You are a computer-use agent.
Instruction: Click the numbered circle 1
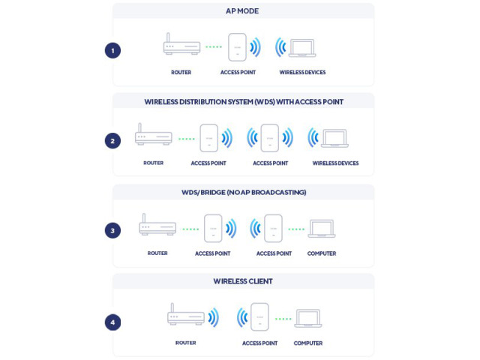point(112,50)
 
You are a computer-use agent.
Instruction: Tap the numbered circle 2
point(112,141)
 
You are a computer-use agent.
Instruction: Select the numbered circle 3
point(112,230)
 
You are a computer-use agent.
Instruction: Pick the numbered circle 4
point(112,322)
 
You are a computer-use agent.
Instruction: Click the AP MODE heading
point(242,11)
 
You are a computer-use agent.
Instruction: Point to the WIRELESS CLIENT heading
point(243,281)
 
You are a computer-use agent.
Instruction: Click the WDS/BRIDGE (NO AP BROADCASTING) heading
point(244,193)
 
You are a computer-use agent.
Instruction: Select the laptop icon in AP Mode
point(302,48)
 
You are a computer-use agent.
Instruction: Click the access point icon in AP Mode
point(237,47)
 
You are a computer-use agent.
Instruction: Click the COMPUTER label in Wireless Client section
point(308,343)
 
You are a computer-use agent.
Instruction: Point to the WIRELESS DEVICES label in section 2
point(335,163)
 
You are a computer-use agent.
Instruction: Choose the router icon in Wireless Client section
point(186,314)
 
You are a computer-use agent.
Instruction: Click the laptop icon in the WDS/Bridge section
point(322,228)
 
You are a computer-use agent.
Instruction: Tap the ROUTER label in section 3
point(157,253)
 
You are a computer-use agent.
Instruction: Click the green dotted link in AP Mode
point(214,46)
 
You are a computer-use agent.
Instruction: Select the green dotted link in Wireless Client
point(283,319)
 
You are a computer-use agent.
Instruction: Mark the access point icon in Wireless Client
point(259,316)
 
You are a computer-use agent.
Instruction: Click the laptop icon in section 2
point(334,138)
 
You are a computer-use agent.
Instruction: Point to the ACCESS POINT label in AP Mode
point(238,73)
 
